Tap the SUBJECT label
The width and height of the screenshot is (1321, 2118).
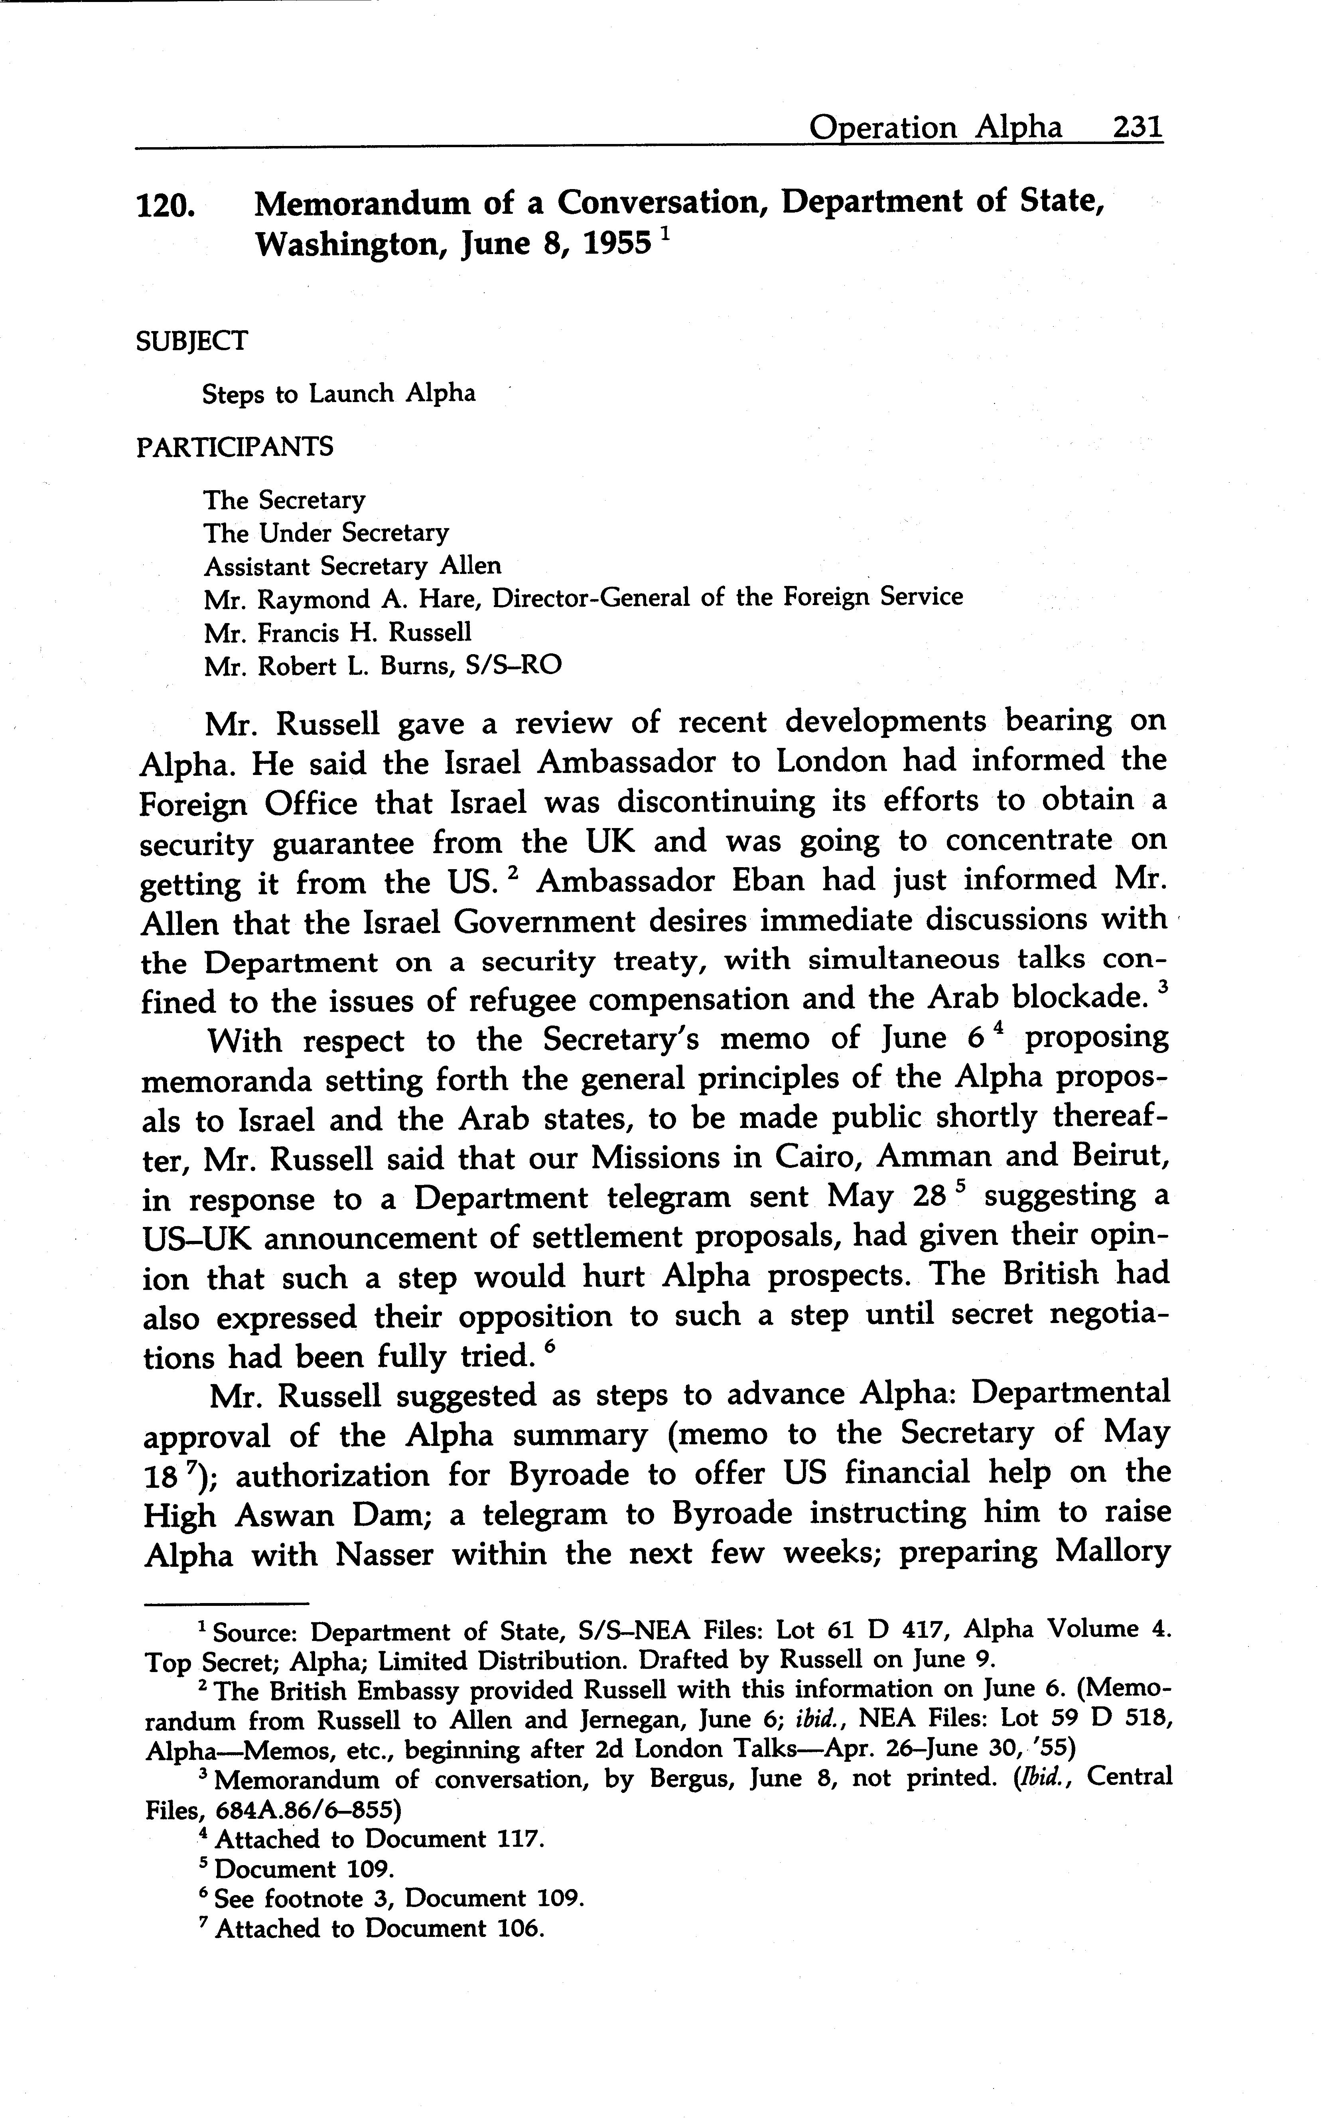191,341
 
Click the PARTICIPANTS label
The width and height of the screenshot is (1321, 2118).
234,448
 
